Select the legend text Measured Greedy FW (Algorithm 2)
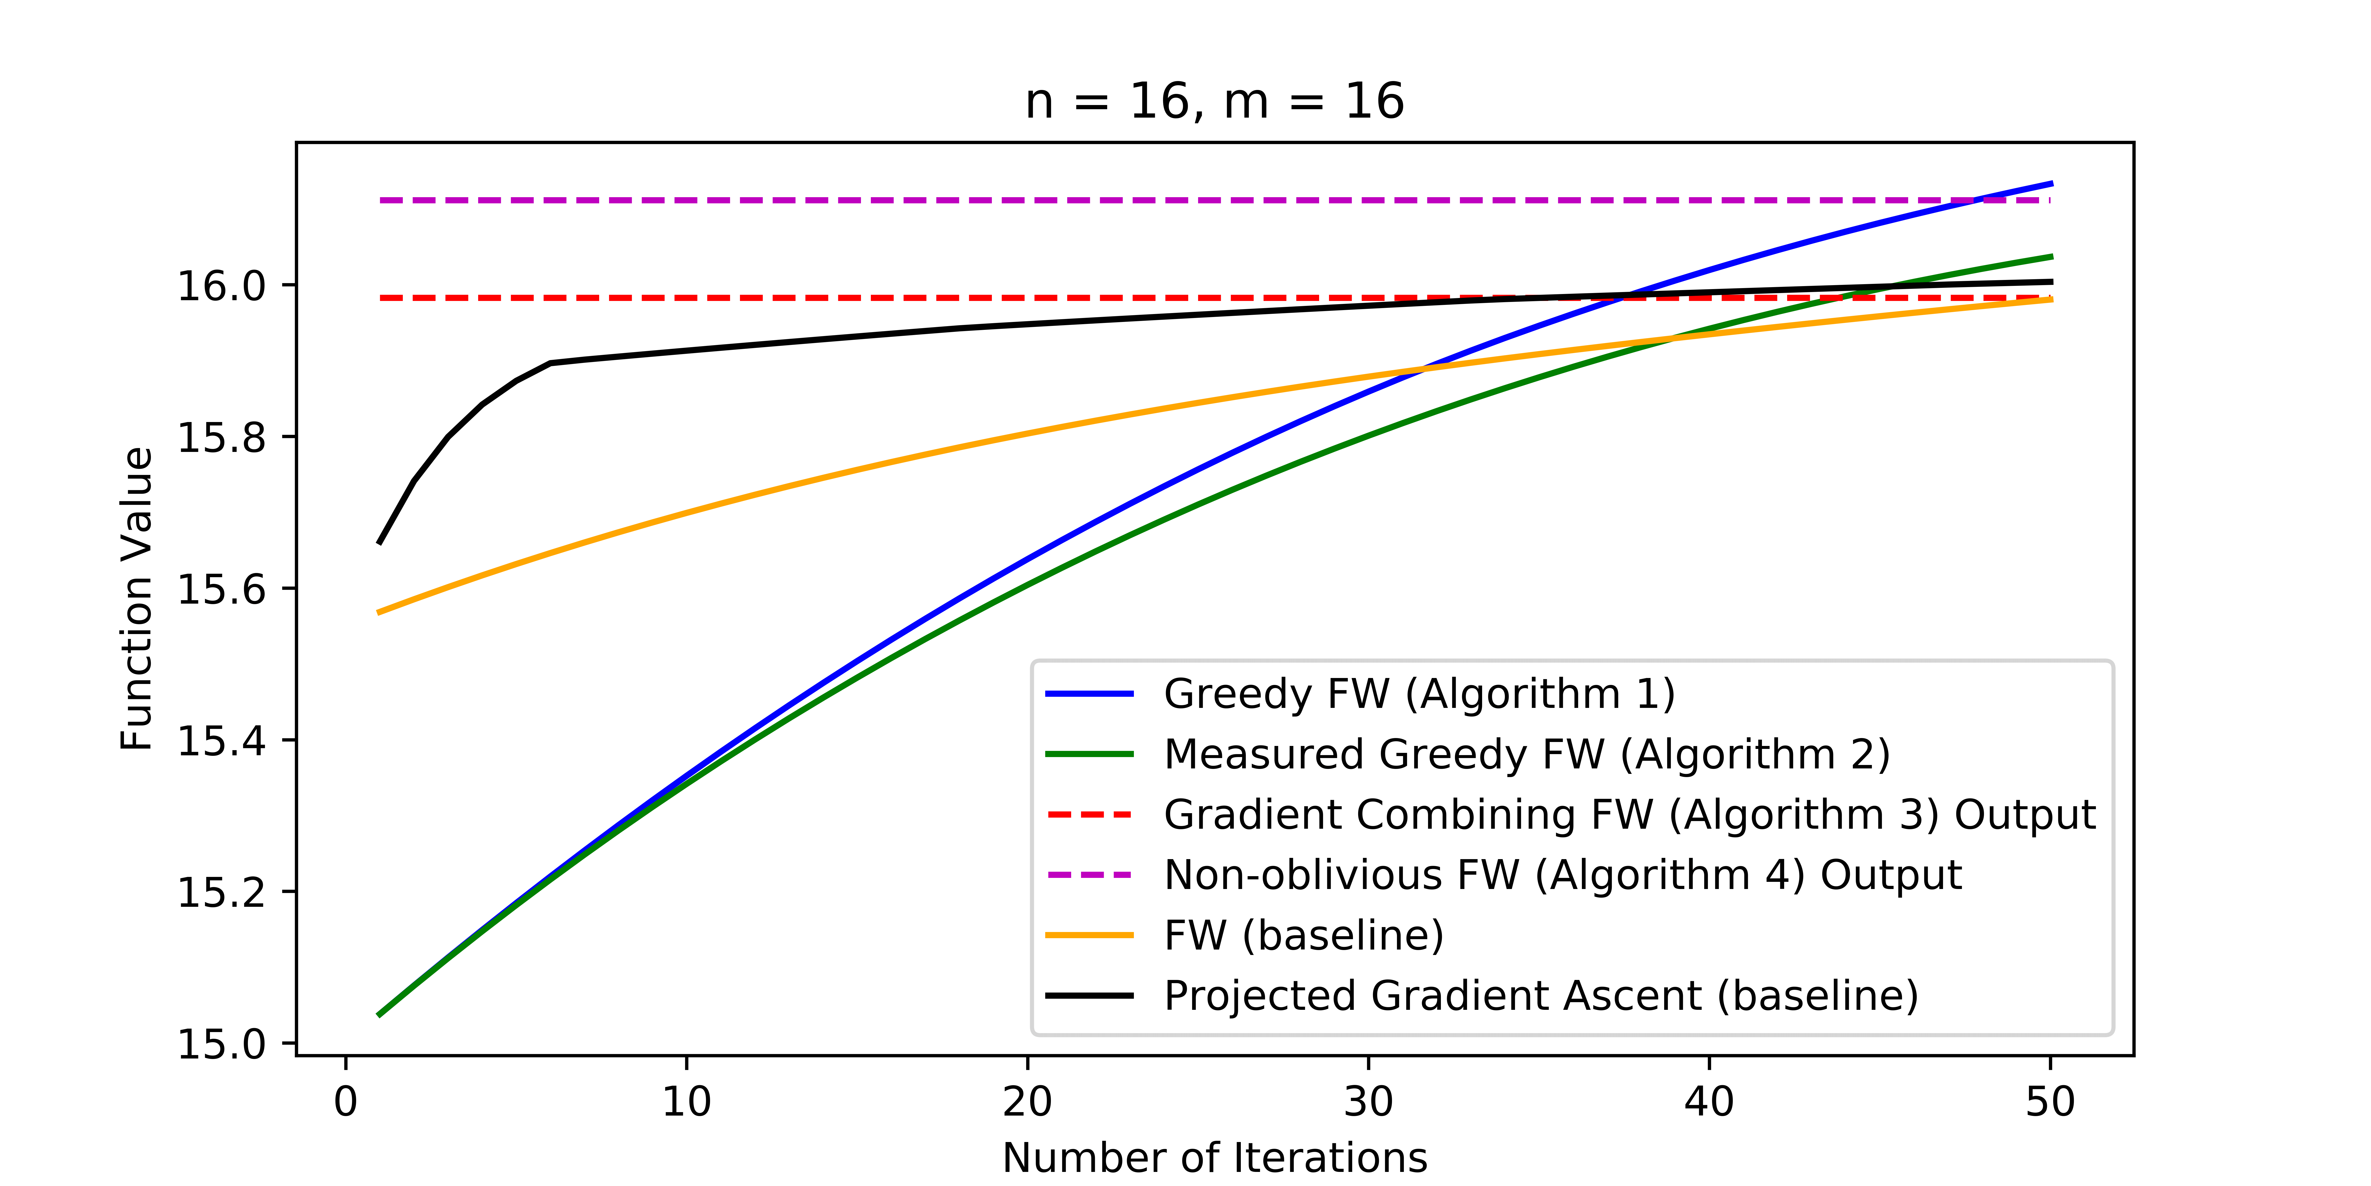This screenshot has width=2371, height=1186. [x=1526, y=754]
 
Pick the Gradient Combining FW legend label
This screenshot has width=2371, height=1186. [x=1629, y=815]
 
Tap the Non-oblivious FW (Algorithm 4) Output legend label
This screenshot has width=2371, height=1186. [x=1562, y=875]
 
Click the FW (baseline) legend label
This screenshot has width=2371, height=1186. [x=1303, y=935]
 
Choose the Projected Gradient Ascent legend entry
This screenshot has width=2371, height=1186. [x=1541, y=995]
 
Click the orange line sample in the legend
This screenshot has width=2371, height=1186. [x=1090, y=935]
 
